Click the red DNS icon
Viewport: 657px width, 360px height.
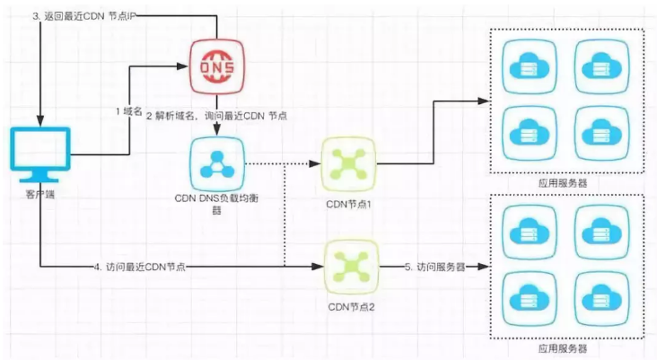click(216, 66)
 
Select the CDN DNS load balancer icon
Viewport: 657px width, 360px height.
click(216, 164)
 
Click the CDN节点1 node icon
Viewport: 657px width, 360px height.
click(348, 164)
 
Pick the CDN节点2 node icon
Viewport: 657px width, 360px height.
click(351, 267)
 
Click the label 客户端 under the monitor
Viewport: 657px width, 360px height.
click(40, 194)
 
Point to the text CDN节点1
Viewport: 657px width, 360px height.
click(348, 204)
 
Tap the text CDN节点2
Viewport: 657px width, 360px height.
click(351, 307)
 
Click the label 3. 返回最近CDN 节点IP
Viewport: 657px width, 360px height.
click(84, 16)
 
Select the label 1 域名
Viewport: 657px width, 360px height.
click(129, 111)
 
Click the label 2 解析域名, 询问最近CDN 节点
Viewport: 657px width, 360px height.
click(216, 116)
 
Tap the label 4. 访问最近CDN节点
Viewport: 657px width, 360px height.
click(140, 267)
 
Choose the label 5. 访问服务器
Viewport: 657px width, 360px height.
click(435, 267)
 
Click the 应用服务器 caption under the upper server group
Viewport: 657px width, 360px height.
click(563, 183)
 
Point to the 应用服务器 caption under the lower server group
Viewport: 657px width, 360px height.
click(563, 347)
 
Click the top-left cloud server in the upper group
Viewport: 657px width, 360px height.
click(530, 66)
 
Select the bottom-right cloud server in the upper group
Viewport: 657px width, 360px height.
click(601, 134)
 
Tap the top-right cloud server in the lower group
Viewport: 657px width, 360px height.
click(601, 233)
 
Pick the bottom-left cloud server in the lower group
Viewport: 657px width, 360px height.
click(530, 299)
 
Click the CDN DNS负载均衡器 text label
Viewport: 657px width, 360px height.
click(216, 204)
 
